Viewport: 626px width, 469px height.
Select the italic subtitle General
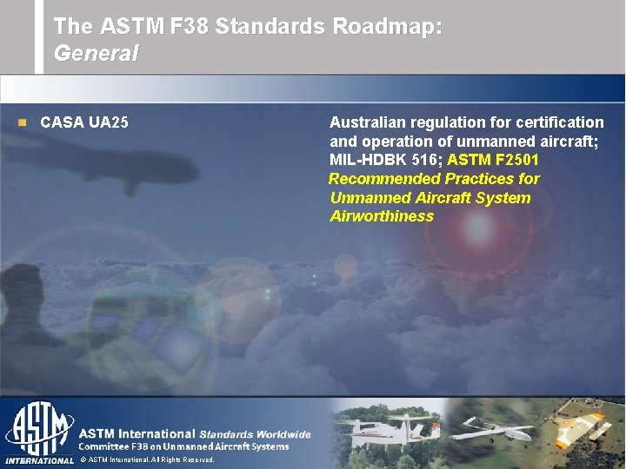point(96,53)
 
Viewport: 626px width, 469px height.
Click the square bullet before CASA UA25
point(23,122)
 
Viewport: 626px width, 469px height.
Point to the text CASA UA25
point(84,122)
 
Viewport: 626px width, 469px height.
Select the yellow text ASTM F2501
point(493,160)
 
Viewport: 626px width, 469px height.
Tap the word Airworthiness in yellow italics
point(382,216)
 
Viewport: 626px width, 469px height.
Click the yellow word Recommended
point(385,179)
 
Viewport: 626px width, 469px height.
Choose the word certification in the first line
point(560,122)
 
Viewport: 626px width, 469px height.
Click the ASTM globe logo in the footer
point(39,429)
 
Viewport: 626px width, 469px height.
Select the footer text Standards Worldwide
point(255,433)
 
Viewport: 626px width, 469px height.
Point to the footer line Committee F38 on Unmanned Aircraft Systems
point(183,446)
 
